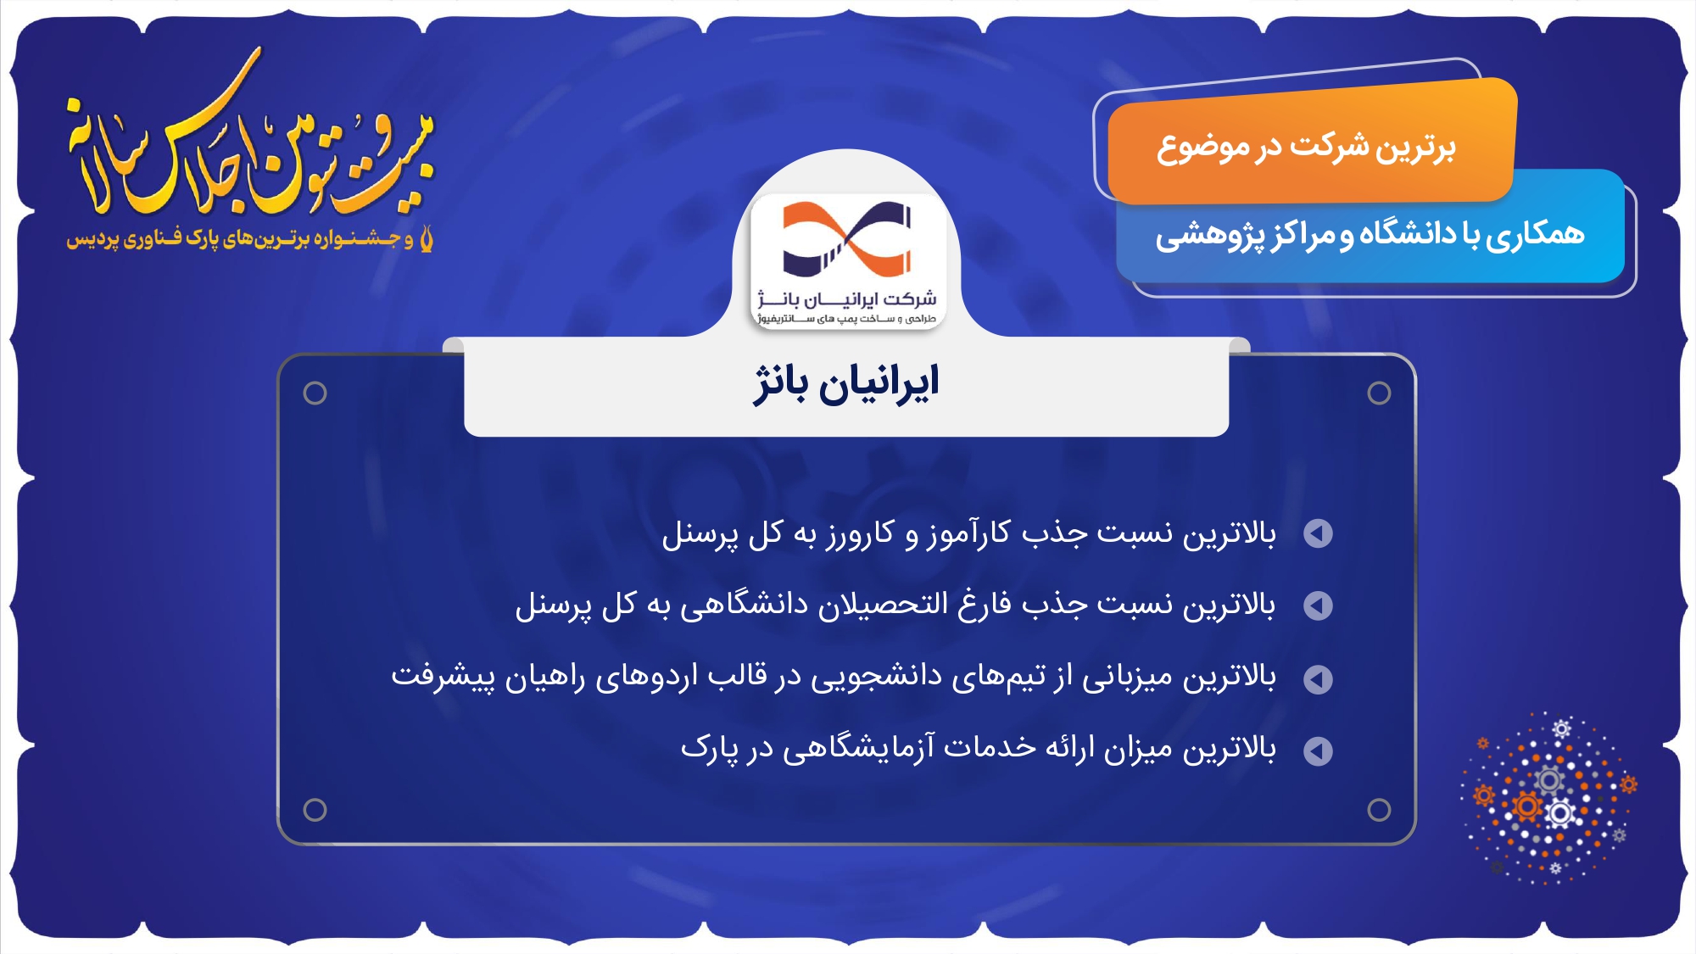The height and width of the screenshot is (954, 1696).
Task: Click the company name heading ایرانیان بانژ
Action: pyautogui.click(x=846, y=385)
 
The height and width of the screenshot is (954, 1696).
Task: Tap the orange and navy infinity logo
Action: pyautogui.click(x=846, y=239)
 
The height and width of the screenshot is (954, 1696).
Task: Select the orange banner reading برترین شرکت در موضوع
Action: pyautogui.click(x=1311, y=142)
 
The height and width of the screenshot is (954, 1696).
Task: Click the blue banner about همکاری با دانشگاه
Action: pyautogui.click(x=1370, y=232)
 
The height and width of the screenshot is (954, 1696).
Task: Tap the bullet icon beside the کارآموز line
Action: pyautogui.click(x=1318, y=533)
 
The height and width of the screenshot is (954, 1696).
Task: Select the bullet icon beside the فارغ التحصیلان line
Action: pyautogui.click(x=1318, y=605)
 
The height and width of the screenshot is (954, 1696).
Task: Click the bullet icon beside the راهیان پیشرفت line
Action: pyautogui.click(x=1318, y=678)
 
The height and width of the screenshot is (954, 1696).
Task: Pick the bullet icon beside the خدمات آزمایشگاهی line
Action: pyautogui.click(x=1318, y=750)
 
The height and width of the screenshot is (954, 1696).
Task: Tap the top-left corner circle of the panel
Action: pyautogui.click(x=315, y=393)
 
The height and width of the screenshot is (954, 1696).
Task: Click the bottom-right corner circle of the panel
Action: pyautogui.click(x=1379, y=810)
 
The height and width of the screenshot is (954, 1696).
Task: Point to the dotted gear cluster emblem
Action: pyautogui.click(x=1548, y=798)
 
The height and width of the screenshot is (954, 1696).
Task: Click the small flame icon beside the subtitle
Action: pyautogui.click(x=426, y=238)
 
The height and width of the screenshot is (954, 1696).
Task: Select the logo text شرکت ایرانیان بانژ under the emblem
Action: pyautogui.click(x=846, y=298)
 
